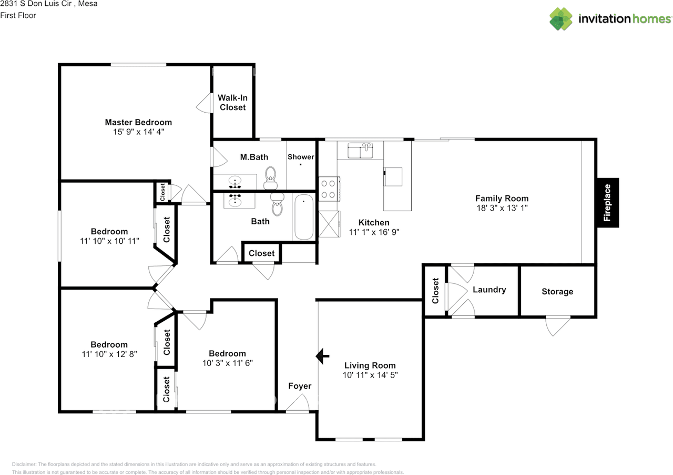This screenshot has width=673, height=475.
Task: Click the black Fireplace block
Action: point(608,203)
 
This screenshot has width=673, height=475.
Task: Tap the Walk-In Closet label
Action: point(232,102)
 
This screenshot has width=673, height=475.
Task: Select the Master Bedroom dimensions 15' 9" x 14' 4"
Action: point(138,132)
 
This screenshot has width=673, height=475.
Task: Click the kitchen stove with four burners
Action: point(329,189)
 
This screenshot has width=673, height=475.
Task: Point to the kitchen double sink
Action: point(360,150)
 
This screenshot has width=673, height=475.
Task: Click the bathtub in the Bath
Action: point(304,217)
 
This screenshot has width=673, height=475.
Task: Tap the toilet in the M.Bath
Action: point(270,177)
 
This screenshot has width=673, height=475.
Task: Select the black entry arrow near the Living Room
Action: point(322,356)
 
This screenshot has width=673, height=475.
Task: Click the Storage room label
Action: point(557,291)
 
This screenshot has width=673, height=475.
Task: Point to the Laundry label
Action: point(490,290)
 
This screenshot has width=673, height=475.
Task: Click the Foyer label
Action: point(300,386)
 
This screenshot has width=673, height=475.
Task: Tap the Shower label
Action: point(301,157)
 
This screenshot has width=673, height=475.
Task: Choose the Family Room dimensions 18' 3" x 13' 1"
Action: point(502,208)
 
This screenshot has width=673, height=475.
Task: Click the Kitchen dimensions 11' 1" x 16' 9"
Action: point(374,232)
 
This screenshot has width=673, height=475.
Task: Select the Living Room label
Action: point(370,365)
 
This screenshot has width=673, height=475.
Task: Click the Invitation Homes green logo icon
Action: point(560,19)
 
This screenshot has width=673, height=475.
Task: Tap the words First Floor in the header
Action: point(18,15)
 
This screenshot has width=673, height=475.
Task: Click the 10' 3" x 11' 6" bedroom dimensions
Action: point(228,363)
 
